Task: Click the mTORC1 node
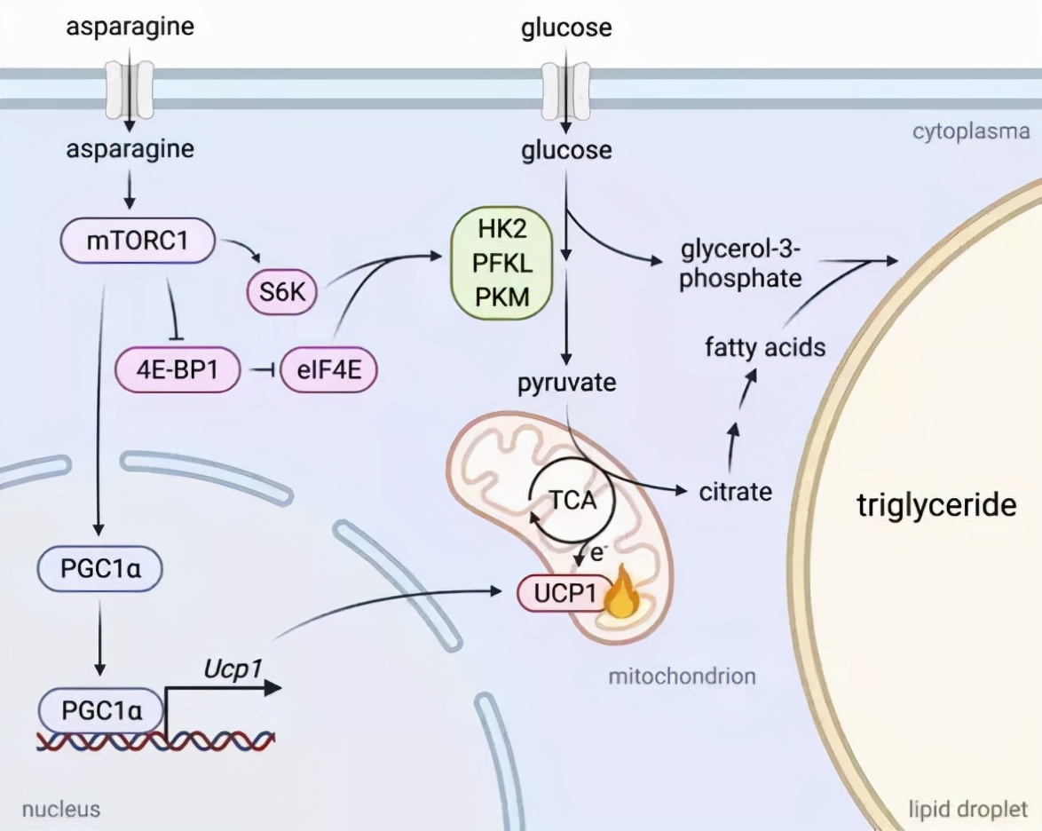pyautogui.click(x=138, y=240)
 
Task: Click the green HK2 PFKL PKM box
pyautogui.click(x=502, y=265)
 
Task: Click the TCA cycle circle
pyautogui.click(x=571, y=502)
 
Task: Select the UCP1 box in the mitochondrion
pyautogui.click(x=560, y=594)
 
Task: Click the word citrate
pyautogui.click(x=735, y=491)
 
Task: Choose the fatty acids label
pyautogui.click(x=765, y=346)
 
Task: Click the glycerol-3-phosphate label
pyautogui.click(x=741, y=263)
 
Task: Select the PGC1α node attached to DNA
pyautogui.click(x=99, y=710)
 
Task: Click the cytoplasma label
pyautogui.click(x=971, y=132)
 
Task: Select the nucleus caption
pyautogui.click(x=60, y=809)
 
